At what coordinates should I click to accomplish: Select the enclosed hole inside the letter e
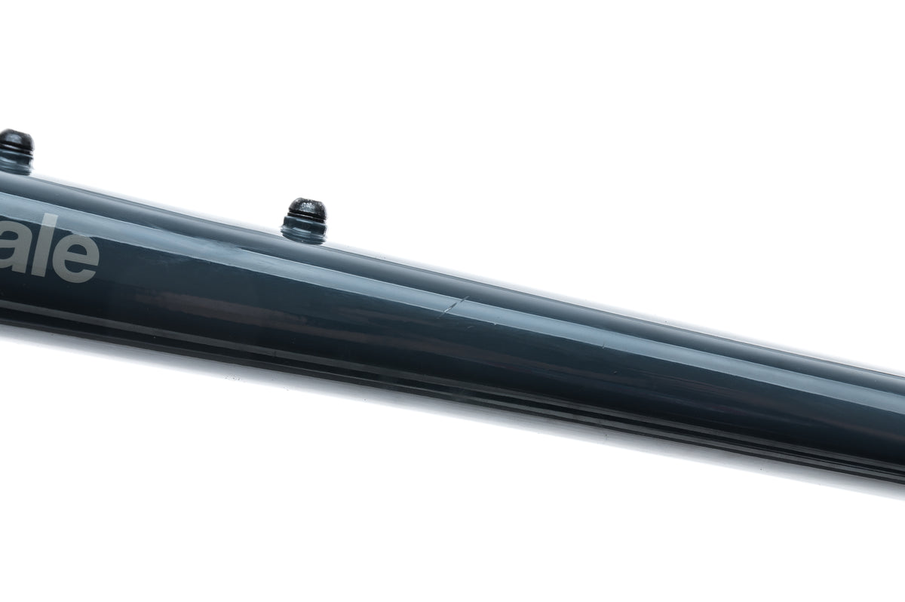click(76, 251)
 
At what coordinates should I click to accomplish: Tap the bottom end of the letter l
click(41, 278)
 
